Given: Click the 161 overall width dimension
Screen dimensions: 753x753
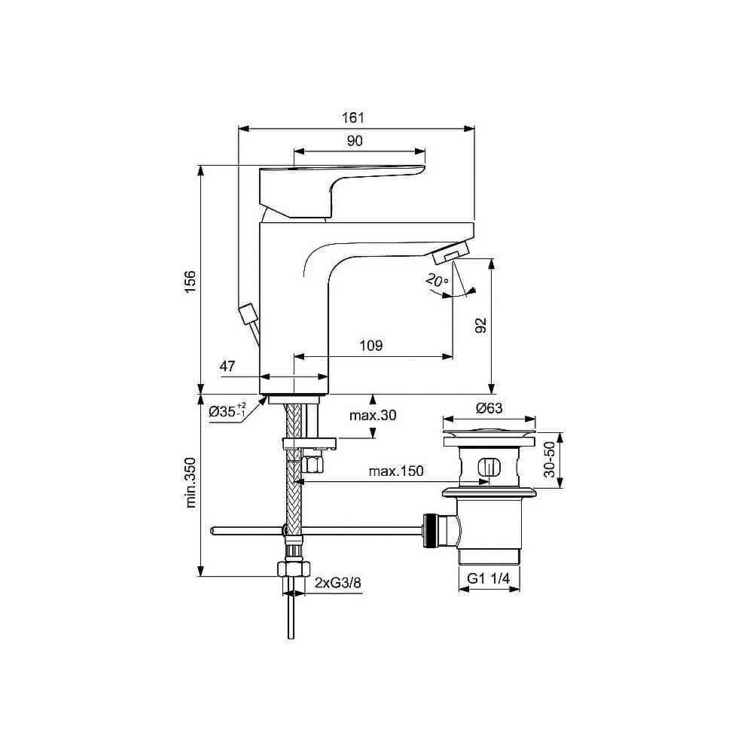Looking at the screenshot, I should [353, 117].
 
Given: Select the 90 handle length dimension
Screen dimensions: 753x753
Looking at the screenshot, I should [355, 141].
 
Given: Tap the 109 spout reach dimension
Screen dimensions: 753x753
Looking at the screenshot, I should [371, 346].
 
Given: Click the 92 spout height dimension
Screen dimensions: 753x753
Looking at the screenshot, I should [481, 325].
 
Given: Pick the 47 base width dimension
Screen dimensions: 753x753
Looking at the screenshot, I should [228, 367].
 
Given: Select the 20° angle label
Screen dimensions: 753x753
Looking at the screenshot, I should [436, 280].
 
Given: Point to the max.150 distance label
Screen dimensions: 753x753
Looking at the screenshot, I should [396, 471].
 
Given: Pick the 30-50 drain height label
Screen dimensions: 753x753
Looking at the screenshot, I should [550, 459].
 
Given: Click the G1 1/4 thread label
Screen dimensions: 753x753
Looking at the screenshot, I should [489, 578].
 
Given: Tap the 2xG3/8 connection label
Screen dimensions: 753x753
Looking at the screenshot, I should [335, 582].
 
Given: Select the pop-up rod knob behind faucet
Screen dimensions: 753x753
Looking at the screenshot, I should [246, 313].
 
